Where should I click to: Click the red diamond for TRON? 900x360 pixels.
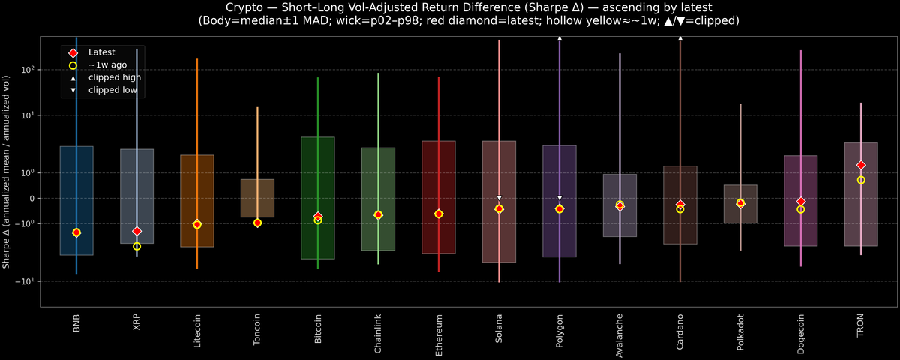tap(861, 165)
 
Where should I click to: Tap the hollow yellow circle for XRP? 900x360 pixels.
tap(136, 246)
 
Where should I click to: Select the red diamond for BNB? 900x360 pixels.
tap(76, 232)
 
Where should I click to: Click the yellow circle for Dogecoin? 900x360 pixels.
tap(800, 209)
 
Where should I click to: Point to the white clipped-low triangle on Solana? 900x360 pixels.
tap(499, 198)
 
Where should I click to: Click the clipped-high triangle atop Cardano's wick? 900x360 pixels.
tap(680, 37)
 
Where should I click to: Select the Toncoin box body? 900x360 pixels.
tap(257, 198)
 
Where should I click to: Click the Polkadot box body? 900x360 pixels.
tap(740, 204)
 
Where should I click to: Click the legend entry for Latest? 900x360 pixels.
tap(101, 52)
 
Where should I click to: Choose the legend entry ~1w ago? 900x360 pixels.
tap(107, 65)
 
